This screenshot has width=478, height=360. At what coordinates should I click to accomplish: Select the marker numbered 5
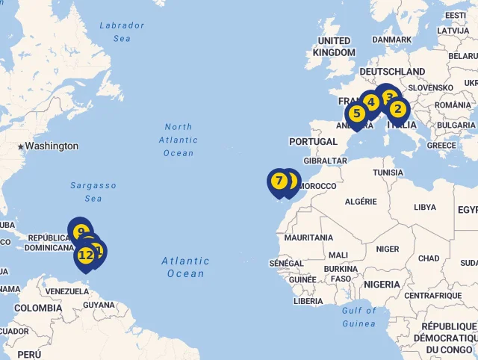pos(356,114)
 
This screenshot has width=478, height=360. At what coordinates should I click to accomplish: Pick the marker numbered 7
pos(279,181)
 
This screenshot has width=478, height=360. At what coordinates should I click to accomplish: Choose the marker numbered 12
pos(85,255)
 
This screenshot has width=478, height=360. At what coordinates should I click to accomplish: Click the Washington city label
pos(52,146)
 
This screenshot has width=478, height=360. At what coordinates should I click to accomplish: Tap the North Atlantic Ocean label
pos(179,140)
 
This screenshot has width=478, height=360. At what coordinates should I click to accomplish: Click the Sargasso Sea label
pos(93,191)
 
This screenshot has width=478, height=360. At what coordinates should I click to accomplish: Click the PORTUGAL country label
pos(314,141)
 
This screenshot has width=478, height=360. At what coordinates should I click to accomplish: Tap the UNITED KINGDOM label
pos(334,46)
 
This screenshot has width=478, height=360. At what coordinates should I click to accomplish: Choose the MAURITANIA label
pos(308,238)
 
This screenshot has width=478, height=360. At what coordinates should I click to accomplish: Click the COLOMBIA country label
pos(38,308)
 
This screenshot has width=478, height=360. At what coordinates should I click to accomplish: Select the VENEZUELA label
pos(67,291)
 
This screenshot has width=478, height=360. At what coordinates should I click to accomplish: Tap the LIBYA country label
pos(424,207)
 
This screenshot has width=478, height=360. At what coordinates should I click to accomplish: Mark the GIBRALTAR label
pos(326,161)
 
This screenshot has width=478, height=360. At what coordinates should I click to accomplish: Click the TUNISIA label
pos(388,173)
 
